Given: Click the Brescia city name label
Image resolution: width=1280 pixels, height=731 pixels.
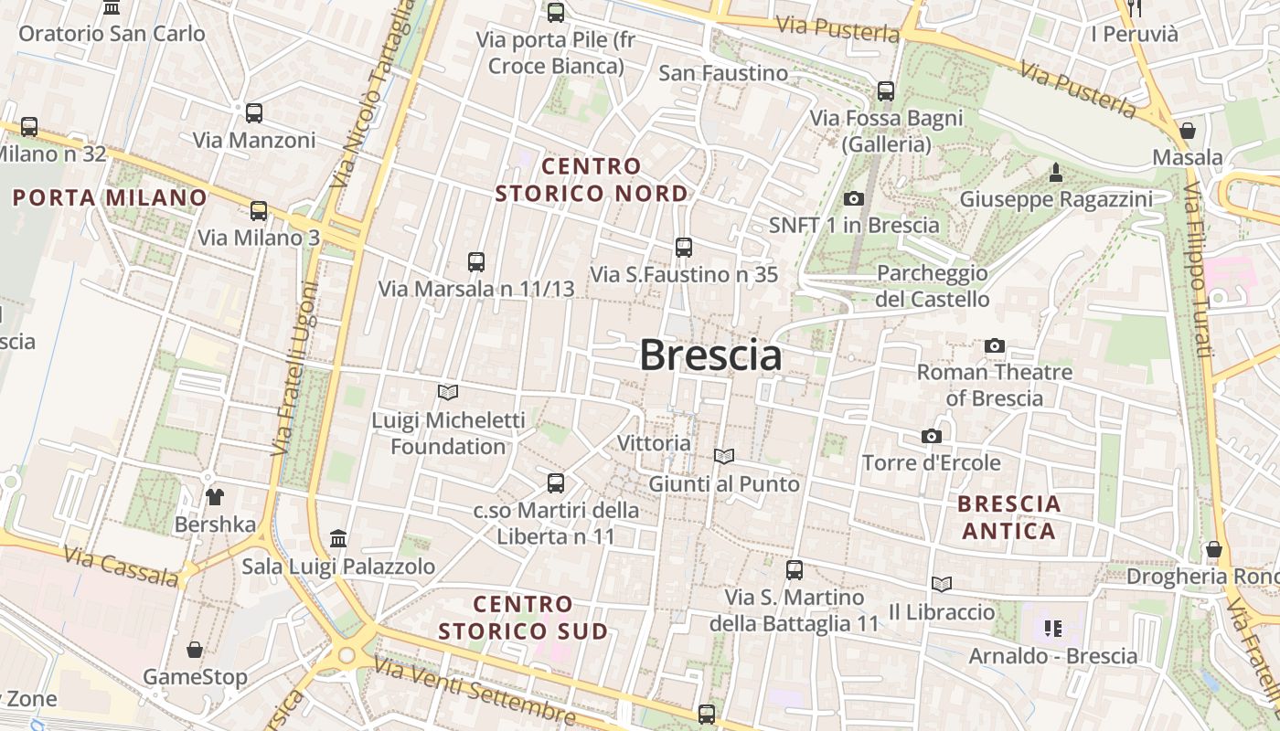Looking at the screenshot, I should pos(710,355).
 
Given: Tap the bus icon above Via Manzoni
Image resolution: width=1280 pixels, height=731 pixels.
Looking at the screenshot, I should pos(254,113).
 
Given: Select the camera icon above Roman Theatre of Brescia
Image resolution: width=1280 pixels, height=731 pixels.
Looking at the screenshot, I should pos(995,345).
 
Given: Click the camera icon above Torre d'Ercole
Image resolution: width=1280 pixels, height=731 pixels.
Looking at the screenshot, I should pos(932,436).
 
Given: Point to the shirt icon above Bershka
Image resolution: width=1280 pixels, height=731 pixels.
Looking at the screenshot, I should pos(215,497).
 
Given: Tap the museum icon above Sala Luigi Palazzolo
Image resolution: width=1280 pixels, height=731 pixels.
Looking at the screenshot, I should pos(338,538).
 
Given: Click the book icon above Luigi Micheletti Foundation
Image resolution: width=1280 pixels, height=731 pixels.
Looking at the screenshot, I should pos(448,392).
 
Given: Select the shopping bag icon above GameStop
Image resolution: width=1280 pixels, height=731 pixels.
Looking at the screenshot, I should pos(195,650).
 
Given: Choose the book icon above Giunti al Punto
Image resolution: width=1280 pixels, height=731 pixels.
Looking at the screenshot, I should pos(724,455).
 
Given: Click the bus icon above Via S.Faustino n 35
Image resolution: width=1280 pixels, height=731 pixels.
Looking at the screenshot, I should pos(683,247).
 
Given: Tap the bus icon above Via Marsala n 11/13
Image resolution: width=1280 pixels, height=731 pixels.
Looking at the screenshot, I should pos(476,261).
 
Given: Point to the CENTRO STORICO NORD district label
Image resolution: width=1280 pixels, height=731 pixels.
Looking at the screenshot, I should pos(591,180).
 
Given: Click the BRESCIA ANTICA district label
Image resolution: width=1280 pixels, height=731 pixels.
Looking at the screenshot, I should pos(1009,517).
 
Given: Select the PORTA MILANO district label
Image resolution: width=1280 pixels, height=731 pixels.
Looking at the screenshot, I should pos(110,197).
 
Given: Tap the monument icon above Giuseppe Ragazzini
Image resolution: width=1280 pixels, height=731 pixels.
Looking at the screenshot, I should pos(1056,172).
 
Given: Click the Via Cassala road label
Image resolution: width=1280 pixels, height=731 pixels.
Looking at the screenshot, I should pos(122,566).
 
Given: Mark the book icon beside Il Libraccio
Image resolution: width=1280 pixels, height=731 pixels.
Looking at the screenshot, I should pos(942,584).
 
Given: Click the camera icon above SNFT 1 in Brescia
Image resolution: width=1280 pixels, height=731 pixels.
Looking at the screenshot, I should pos(854,198).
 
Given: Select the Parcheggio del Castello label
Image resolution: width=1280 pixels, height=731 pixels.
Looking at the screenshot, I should pos(933,286).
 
